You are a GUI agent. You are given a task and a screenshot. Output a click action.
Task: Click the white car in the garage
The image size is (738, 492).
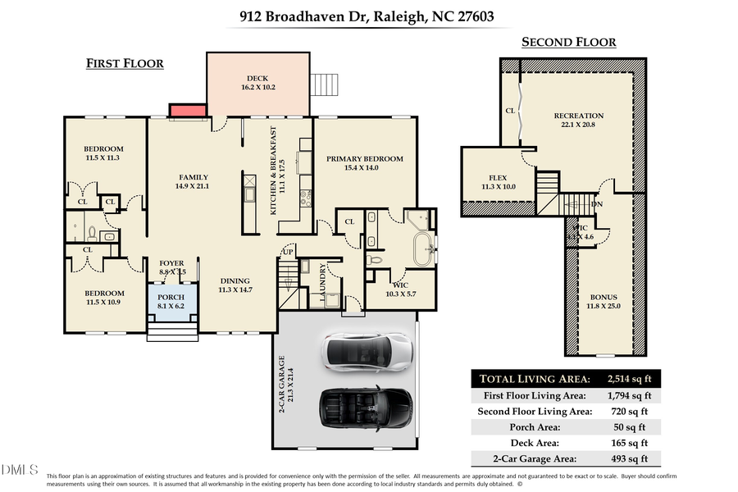[x=367, y=350]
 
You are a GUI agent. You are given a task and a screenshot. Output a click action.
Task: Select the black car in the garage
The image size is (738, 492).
[x=364, y=406]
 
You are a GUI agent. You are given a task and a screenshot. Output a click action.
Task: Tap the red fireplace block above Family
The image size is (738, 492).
[x=186, y=111]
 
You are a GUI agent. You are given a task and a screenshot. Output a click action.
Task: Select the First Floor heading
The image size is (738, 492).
[x=125, y=64]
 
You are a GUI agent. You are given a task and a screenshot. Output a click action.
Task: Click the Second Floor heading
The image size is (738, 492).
[x=568, y=43]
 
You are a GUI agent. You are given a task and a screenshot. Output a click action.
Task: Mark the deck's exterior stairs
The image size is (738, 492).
[x=322, y=84]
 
